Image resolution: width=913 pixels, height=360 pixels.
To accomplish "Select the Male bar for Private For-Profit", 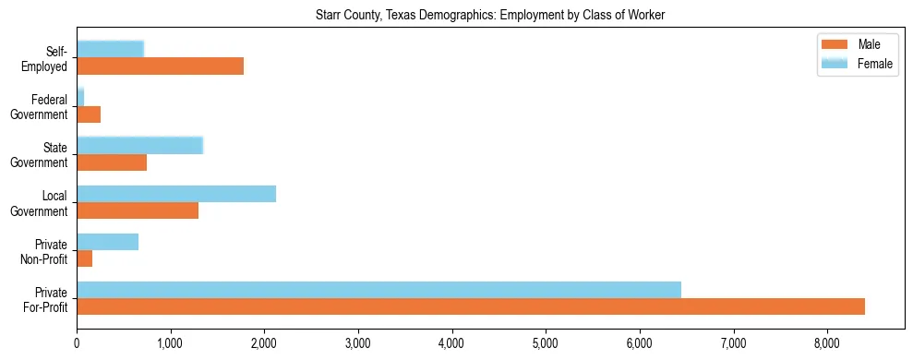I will point(471,306).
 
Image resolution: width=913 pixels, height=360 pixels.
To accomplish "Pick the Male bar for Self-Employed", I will point(160,66).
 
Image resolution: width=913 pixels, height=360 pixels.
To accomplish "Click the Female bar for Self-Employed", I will point(110,49).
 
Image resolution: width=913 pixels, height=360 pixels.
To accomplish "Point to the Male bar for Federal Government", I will point(89,114).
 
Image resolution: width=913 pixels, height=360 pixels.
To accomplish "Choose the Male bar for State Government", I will point(112,162).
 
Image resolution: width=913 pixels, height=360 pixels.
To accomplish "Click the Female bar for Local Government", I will point(176,193).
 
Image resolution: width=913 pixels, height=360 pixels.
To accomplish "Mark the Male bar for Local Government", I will point(138,210).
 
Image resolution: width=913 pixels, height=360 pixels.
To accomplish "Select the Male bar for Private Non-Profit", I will point(84,258).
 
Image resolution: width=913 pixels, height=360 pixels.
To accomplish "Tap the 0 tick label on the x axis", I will point(77,343).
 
